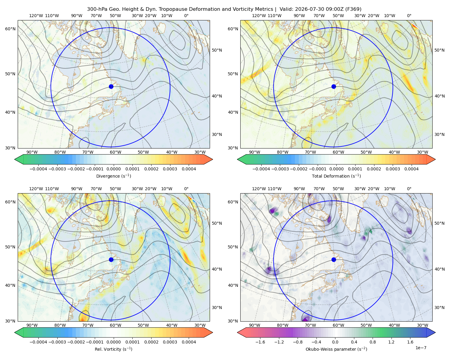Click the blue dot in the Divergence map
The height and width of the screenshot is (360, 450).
coord(111,87)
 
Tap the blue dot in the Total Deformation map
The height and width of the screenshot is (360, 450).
coord(334,87)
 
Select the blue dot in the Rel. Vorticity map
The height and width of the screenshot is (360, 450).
coord(111,259)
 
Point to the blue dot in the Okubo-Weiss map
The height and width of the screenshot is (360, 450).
coord(334,259)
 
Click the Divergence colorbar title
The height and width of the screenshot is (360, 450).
coord(113,176)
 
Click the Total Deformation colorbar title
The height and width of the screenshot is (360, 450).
coord(336,176)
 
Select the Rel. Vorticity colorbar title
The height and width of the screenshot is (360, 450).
coord(113,349)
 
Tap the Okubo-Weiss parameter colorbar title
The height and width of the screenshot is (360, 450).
coord(336,349)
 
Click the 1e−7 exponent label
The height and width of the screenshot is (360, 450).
coord(421,348)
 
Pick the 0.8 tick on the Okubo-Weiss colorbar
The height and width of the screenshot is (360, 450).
coord(373,342)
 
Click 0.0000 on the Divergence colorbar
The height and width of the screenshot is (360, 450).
coord(113,169)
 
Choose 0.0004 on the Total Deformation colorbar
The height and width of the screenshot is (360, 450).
coord(412,169)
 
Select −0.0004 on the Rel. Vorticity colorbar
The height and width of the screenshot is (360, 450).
coord(38,342)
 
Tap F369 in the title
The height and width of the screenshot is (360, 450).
coord(353,9)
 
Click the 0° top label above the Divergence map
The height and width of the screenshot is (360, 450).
coord(186,16)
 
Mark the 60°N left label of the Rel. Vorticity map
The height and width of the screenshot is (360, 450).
coord(10,202)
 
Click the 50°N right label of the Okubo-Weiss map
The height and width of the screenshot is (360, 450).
coord(439,223)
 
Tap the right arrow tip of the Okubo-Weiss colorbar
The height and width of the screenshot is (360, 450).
coord(435,332)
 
